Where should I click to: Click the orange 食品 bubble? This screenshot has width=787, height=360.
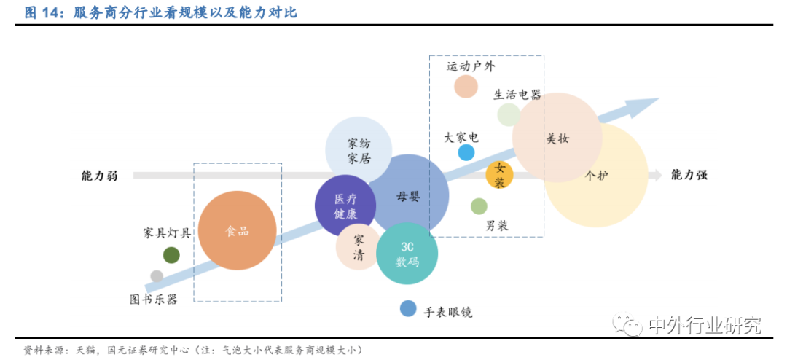click(238, 230)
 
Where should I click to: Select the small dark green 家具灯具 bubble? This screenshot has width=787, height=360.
click(171, 255)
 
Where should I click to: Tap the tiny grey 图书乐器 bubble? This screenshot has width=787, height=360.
click(157, 276)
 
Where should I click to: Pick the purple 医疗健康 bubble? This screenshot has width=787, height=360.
click(345, 206)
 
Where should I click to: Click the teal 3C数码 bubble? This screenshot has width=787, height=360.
click(407, 254)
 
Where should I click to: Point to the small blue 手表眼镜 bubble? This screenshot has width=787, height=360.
click(408, 308)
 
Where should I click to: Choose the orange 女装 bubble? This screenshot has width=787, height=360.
click(500, 175)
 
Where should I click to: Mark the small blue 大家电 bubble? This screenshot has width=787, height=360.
click(466, 152)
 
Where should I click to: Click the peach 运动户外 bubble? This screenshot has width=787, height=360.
click(466, 86)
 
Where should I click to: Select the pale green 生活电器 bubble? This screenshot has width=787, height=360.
click(509, 114)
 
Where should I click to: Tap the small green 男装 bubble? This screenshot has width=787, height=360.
click(479, 206)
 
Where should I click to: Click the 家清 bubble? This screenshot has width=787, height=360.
click(357, 248)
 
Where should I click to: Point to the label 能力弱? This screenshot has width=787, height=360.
click(99, 176)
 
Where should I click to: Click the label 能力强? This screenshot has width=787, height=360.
click(689, 175)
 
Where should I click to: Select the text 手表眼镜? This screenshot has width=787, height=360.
click(448, 312)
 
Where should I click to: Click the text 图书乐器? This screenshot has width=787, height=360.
click(153, 299)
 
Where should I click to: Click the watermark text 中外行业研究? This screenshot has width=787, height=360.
click(704, 326)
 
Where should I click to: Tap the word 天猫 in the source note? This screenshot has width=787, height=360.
click(77, 350)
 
